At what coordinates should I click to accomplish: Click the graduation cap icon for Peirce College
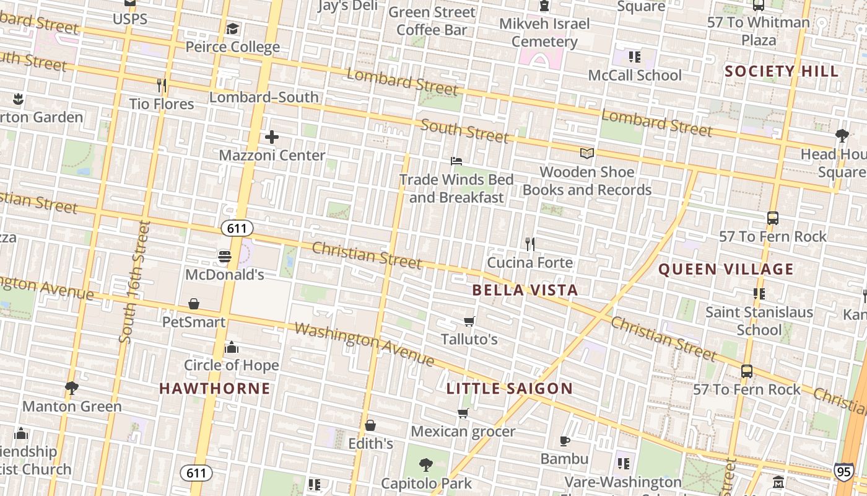click(232, 29)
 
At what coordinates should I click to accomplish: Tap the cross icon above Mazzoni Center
click(272, 137)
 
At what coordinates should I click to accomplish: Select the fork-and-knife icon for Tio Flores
click(162, 85)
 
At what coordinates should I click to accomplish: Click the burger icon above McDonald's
click(224, 256)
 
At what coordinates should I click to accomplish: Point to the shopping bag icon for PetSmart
click(194, 304)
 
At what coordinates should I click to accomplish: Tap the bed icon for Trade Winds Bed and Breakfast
click(456, 161)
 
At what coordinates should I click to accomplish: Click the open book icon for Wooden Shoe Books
click(586, 153)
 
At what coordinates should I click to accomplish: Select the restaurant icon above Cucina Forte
click(530, 244)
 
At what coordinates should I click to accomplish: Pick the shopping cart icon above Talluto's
click(469, 321)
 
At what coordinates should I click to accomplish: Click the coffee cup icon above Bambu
click(564, 441)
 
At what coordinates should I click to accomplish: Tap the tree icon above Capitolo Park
click(425, 465)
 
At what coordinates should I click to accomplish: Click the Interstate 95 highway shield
click(843, 471)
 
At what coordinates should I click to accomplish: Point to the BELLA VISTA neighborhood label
click(525, 290)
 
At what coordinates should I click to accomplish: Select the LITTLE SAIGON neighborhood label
click(509, 389)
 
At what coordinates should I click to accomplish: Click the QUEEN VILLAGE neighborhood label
click(725, 269)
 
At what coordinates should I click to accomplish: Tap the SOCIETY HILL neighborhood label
click(782, 71)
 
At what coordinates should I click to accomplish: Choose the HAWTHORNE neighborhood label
click(215, 389)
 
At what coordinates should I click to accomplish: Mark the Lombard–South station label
click(264, 97)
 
